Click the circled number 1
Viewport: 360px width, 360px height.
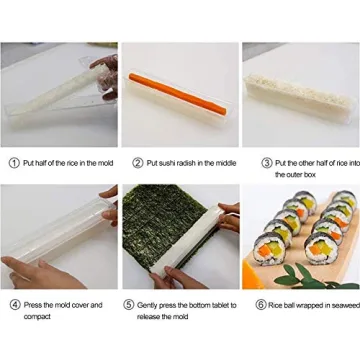pos(13,162)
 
